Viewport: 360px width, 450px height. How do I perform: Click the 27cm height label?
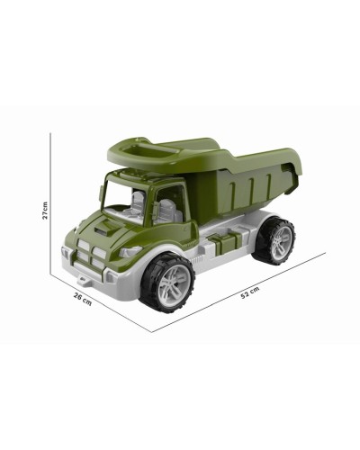coord(45,210)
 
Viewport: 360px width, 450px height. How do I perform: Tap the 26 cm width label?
coord(83,299)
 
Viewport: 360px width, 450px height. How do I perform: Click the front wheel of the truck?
coord(168,283)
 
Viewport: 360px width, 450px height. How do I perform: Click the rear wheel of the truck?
coord(274,240)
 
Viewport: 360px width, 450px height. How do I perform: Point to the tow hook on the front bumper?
coord(84,281)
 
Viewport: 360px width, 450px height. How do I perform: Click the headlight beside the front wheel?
coord(130,251)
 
